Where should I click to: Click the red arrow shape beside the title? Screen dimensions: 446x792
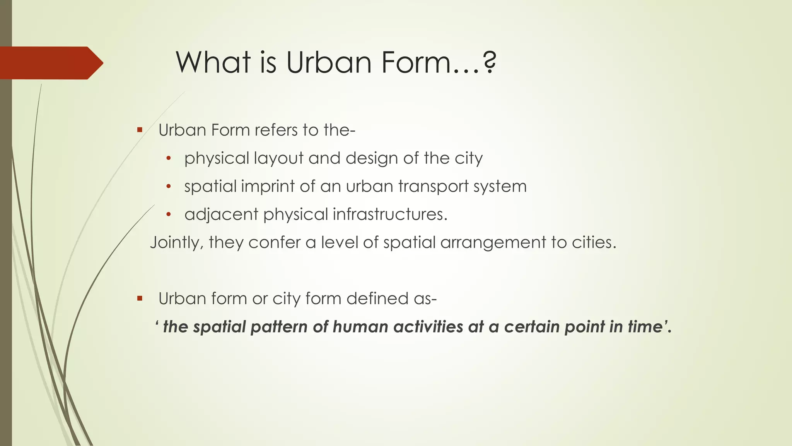50,63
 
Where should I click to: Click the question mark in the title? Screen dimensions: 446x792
489,63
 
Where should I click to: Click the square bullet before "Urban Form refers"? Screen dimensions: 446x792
140,130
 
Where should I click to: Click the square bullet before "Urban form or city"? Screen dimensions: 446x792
140,298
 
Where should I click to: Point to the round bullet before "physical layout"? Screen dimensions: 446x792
168,158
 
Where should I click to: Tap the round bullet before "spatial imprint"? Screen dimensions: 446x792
168,187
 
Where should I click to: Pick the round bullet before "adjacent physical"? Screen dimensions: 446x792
168,214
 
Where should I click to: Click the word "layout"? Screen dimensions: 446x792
279,159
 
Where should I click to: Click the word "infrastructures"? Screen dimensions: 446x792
389,214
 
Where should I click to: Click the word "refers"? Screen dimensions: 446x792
276,130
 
